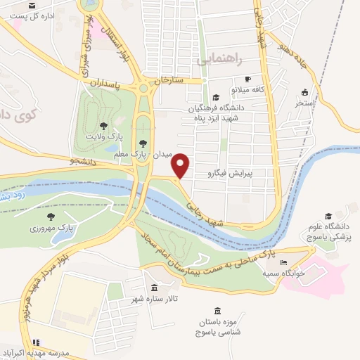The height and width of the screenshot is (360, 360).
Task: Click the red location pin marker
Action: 181,165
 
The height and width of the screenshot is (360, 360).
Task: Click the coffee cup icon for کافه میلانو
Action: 247,79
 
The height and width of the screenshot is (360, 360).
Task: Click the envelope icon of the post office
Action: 32,5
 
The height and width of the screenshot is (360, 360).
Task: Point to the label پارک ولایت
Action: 98,134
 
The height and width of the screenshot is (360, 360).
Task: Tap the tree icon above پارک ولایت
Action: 103,124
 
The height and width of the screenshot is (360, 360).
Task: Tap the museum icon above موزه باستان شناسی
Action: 217,311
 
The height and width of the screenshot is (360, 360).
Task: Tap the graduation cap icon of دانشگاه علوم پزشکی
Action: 328,217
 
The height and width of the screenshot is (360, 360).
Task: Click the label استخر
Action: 304,103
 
